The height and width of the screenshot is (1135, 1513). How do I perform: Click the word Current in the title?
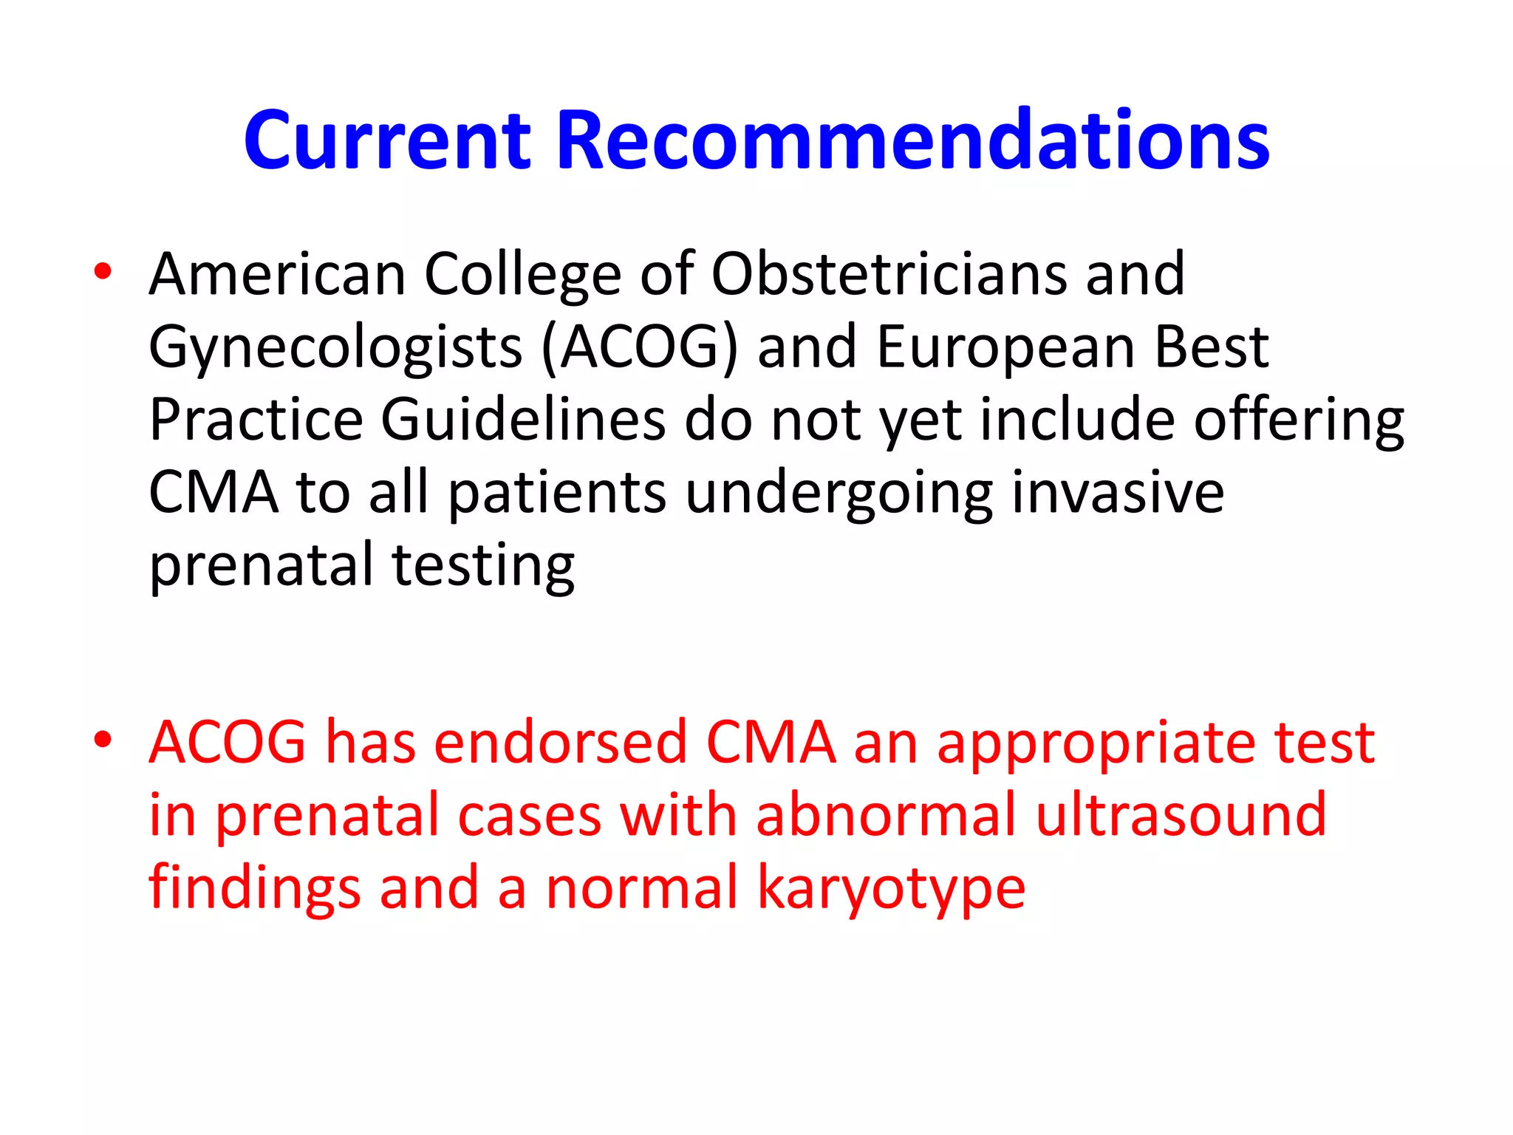pos(387,140)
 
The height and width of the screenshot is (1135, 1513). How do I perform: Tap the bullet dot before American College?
pos(103,271)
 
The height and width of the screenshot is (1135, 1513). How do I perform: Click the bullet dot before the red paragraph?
pos(103,739)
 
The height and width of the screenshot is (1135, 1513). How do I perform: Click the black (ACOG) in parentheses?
pos(640,347)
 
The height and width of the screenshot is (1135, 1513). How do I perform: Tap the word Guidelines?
pos(523,420)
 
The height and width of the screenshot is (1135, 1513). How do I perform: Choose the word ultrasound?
pos(1181,814)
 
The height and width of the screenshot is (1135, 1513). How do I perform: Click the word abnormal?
pos(887,814)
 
